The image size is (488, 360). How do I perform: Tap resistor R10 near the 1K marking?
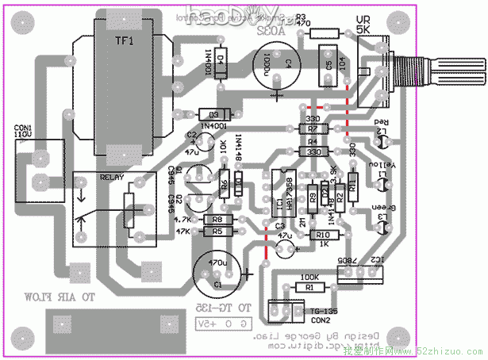[322, 235]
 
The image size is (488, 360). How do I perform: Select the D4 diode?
[221, 59]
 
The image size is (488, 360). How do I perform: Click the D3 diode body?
[213, 114]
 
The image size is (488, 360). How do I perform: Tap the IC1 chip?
[280, 194]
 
